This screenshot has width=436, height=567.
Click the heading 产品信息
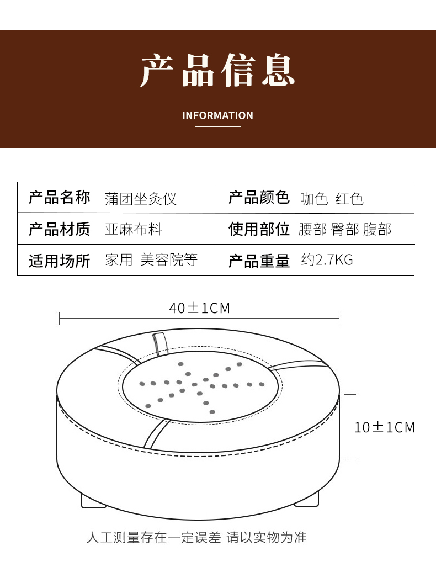pos(217,70)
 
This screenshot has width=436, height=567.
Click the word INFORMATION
pos(217,115)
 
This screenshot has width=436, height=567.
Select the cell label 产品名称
pos(59,198)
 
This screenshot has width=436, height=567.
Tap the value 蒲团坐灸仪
pos(141,198)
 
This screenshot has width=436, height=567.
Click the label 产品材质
pos(59,229)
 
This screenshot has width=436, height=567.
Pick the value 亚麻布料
pos(134,229)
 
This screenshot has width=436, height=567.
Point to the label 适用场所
pos(59,261)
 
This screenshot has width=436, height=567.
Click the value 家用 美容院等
pos(151,259)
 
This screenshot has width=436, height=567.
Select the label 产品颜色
pos(259,198)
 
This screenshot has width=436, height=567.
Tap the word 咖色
pos(314,198)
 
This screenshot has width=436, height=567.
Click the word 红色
pos(349,198)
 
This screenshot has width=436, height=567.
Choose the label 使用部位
pos(259,229)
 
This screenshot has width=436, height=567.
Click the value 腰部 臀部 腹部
pos(345,229)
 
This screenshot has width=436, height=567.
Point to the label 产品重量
pos(259,261)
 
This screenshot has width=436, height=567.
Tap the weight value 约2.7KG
pos(327,259)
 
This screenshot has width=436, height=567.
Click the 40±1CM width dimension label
pos(199,308)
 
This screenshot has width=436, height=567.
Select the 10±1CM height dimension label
pos(384,427)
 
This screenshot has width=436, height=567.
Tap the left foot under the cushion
pos(93,501)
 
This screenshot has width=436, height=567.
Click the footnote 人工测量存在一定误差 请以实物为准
pos(196,537)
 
